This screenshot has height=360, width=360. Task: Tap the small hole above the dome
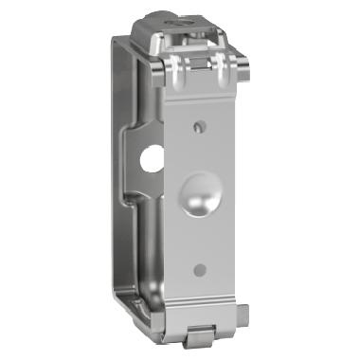click(x=198, y=124)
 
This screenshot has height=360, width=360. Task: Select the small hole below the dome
click(x=198, y=270)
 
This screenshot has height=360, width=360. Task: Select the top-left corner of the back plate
click(x=117, y=40)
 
